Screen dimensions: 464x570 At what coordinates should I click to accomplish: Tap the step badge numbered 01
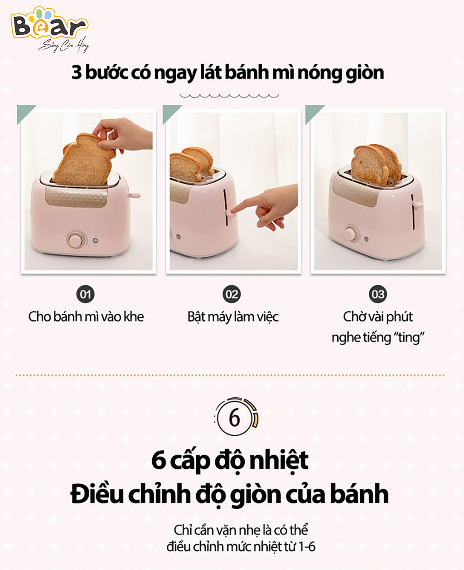pos(85,294)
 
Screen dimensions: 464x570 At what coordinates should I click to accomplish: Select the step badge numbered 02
pos(232,294)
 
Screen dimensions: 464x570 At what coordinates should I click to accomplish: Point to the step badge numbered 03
pos(377,294)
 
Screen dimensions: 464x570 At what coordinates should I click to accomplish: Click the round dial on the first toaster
pos(76,239)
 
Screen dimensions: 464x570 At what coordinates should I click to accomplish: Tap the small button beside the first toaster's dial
pos(96,240)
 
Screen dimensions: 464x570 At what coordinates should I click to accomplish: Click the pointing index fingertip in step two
pos(233,211)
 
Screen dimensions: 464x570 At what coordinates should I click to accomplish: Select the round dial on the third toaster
pos(351,234)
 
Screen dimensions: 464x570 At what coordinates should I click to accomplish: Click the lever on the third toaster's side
pos(417,205)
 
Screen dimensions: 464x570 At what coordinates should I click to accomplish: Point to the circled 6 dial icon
pos(235,418)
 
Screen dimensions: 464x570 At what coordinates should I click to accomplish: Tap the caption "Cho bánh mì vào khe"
pos(86,317)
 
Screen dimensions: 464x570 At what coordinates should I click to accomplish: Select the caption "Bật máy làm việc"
pos(233,317)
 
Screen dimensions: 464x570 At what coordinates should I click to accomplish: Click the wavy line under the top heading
pos(229,96)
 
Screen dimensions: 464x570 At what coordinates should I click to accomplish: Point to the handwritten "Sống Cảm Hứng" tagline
pos(63,45)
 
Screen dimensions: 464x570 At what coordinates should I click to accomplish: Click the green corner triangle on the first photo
pos(24,112)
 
